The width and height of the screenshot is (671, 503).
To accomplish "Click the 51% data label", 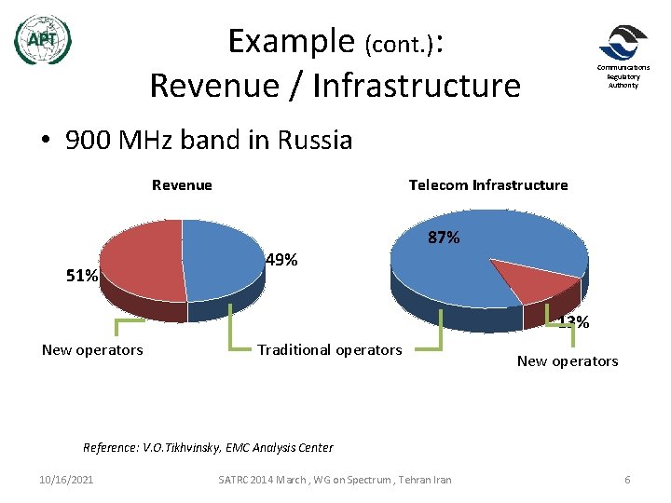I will click(81, 276).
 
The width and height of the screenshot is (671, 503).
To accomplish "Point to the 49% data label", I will click(281, 260).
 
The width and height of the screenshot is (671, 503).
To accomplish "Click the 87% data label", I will click(444, 238).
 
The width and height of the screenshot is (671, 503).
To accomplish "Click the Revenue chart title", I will click(182, 184).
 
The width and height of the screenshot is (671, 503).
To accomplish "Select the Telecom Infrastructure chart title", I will click(487, 184).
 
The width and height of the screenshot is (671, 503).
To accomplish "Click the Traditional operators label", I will click(330, 349).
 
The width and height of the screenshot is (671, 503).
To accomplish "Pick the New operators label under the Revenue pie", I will click(92, 349).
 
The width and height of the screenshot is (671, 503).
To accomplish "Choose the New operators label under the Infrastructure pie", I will click(568, 360).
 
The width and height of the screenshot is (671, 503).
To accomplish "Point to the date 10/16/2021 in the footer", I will click(66, 479).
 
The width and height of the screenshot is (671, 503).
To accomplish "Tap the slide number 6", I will click(627, 479).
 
